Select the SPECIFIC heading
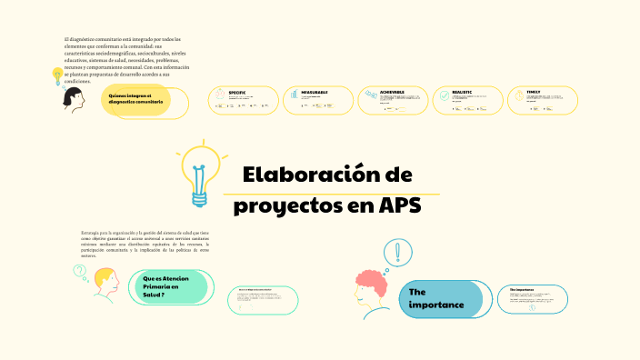237,92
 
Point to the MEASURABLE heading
310,92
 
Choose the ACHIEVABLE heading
385,92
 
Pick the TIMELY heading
533,92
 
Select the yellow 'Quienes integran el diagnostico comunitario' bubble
137,99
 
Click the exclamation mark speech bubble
397,252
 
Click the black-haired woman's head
73,97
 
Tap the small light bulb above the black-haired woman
57,74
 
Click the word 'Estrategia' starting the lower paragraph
90,234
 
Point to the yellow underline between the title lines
331,194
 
